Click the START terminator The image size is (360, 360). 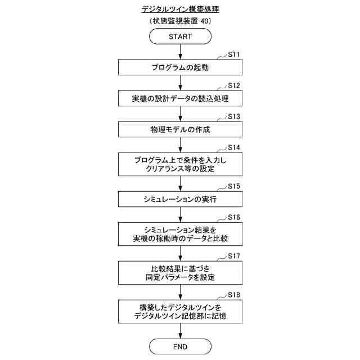(x=180, y=37)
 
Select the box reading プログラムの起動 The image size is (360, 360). (x=180, y=67)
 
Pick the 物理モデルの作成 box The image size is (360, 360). (x=180, y=129)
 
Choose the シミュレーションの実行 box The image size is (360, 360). (x=180, y=199)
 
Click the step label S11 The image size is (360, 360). (x=234, y=55)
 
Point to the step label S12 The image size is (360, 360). (x=234, y=85)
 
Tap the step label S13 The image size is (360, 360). (x=234, y=116)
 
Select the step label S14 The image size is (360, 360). (x=234, y=147)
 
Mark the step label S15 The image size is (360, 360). (x=234, y=186)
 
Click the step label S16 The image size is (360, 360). (x=234, y=217)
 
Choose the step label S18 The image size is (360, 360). (x=234, y=295)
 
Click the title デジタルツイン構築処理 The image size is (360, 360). (x=180, y=10)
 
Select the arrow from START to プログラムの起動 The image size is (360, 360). (x=180, y=52)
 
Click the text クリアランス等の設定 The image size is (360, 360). (x=180, y=169)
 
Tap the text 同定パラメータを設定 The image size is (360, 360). (x=180, y=277)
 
